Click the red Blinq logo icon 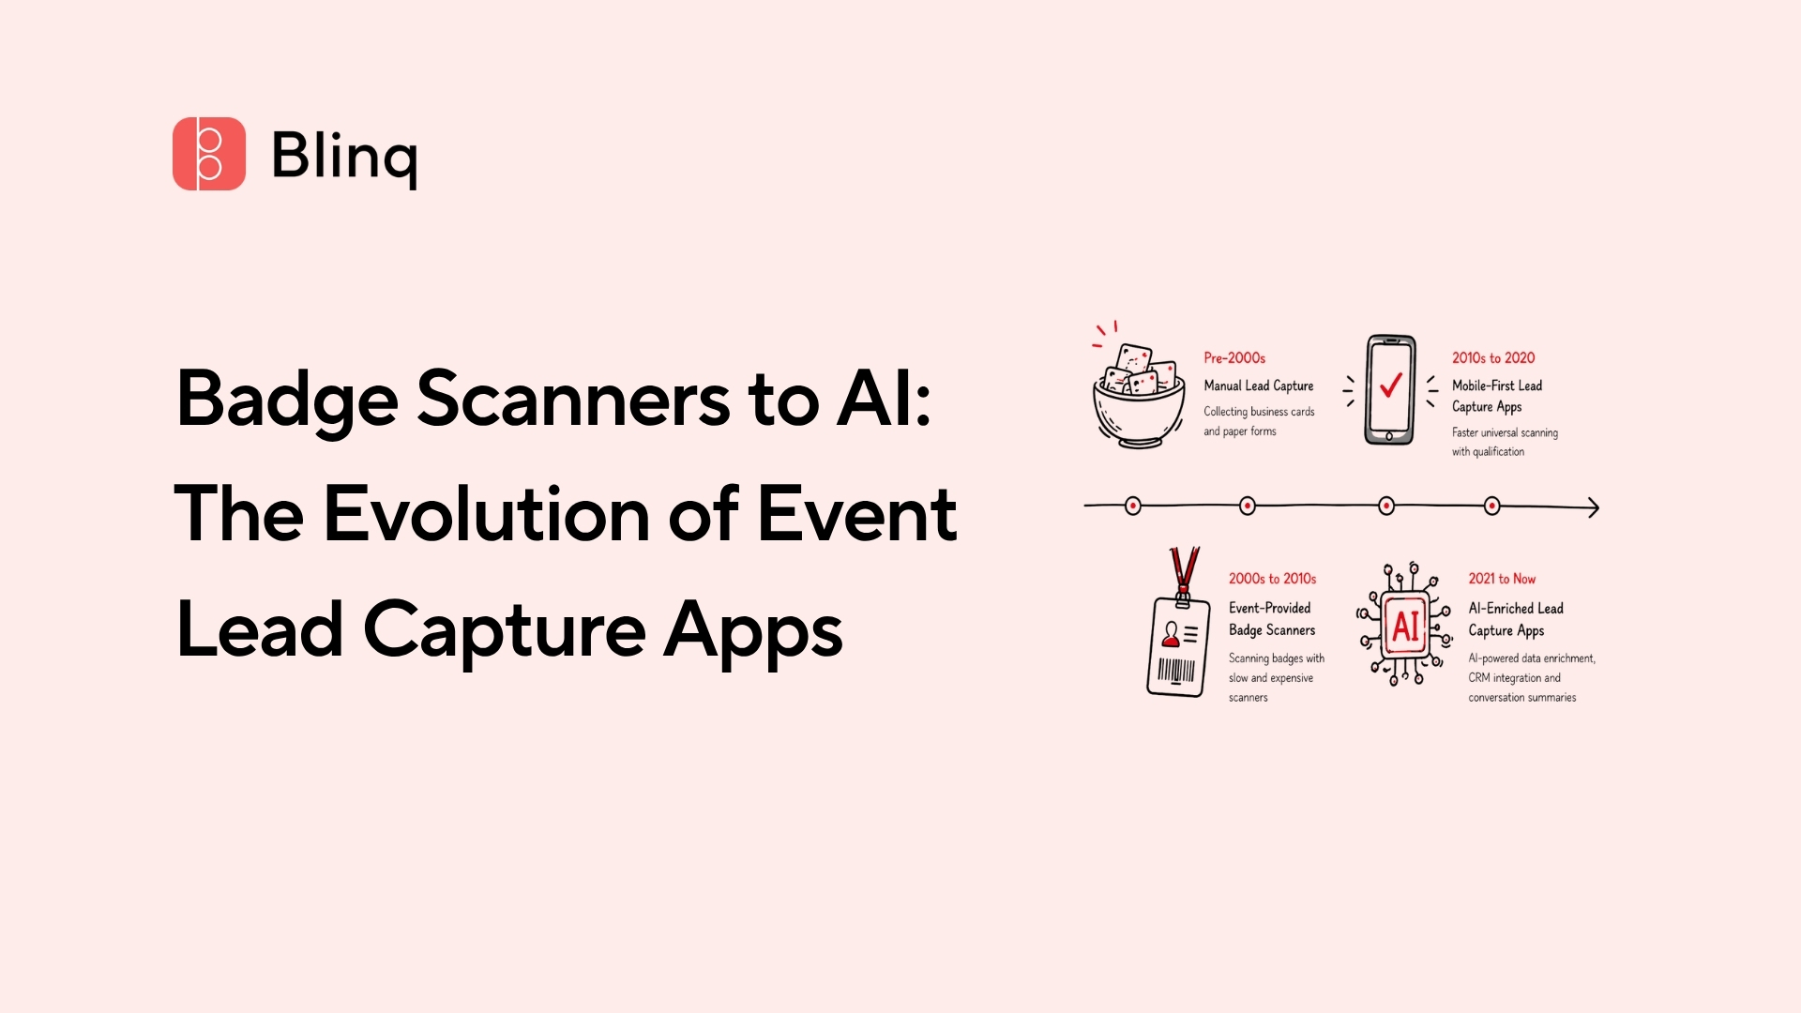pyautogui.click(x=208, y=154)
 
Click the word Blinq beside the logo pyautogui.click(x=344, y=156)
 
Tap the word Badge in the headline pyautogui.click(x=287, y=399)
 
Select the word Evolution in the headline pyautogui.click(x=487, y=514)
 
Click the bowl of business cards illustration pyautogui.click(x=1137, y=396)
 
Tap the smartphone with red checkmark pyautogui.click(x=1390, y=389)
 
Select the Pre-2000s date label pyautogui.click(x=1234, y=358)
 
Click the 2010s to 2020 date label pyautogui.click(x=1493, y=358)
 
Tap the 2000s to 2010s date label pyautogui.click(x=1272, y=579)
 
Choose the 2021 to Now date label pyautogui.click(x=1502, y=579)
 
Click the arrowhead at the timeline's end pyautogui.click(x=1593, y=507)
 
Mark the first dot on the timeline pyautogui.click(x=1133, y=506)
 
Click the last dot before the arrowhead pyautogui.click(x=1492, y=506)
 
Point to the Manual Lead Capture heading pyautogui.click(x=1259, y=386)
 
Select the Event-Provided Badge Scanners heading pyautogui.click(x=1272, y=619)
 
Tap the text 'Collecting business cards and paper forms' pyautogui.click(x=1259, y=421)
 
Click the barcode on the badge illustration pyautogui.click(x=1176, y=671)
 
